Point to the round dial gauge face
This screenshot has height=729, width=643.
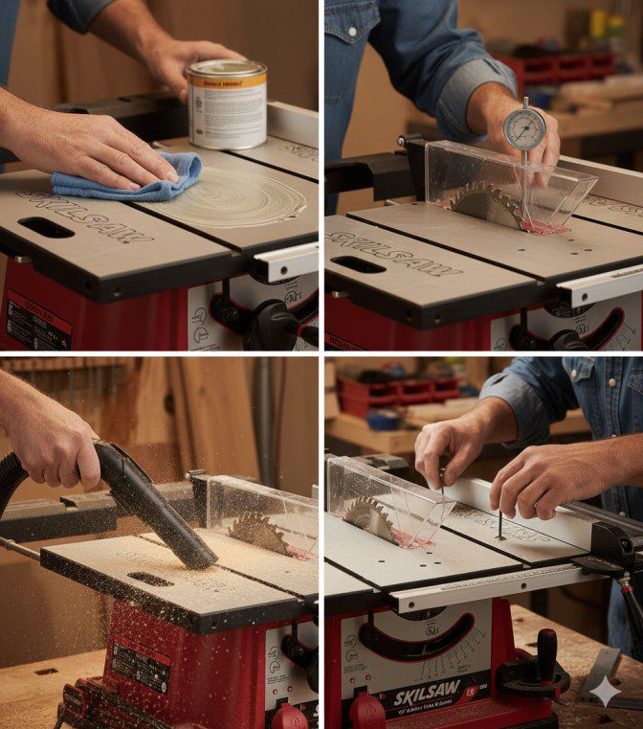pyautogui.click(x=524, y=127)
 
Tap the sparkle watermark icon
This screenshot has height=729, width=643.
pyautogui.click(x=604, y=691)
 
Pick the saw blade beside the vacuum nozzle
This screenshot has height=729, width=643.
pyautogui.click(x=257, y=532)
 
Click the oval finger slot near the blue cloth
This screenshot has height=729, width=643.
pyautogui.click(x=45, y=228)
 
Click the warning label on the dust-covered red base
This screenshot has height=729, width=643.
pyautogui.click(x=139, y=661)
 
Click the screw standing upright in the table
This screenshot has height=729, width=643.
pyautogui.click(x=499, y=526)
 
